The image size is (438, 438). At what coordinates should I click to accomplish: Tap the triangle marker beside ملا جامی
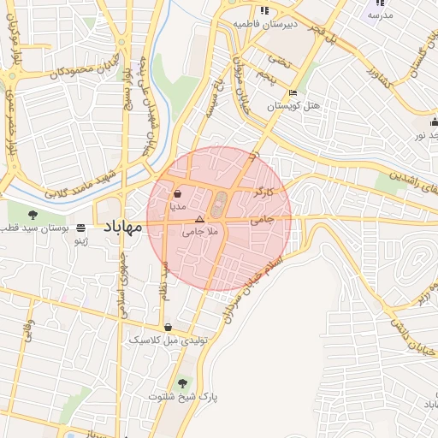[200, 220]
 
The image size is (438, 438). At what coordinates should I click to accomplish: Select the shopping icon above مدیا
[177, 194]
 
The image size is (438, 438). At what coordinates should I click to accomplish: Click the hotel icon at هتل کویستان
[293, 93]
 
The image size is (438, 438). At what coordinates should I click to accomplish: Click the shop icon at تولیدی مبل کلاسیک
[169, 327]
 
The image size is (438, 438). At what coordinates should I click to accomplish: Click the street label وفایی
[29, 329]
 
